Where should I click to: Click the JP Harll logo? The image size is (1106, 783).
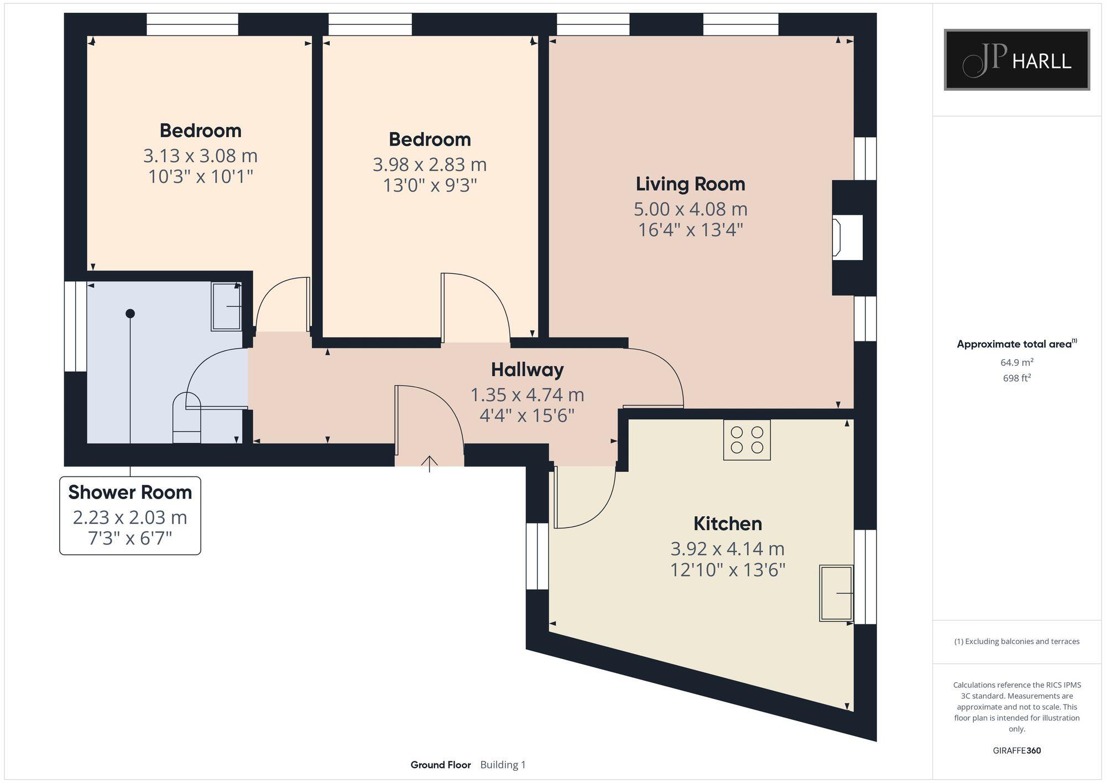click(x=1016, y=60)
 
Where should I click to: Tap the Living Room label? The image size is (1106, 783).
click(x=690, y=184)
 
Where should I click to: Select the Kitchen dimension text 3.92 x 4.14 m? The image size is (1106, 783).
click(x=727, y=549)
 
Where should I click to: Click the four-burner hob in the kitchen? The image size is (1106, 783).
click(x=747, y=440)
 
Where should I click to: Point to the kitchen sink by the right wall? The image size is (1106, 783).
click(x=836, y=593)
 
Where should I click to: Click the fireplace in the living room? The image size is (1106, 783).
click(x=847, y=237)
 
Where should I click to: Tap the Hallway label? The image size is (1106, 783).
click(x=527, y=370)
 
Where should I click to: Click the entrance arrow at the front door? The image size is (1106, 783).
click(x=430, y=463)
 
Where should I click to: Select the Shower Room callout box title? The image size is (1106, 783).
click(x=130, y=492)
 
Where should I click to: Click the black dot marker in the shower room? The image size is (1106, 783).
click(x=130, y=314)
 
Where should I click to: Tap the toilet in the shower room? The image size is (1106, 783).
click(x=186, y=419)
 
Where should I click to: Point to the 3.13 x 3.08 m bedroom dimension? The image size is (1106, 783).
click(x=200, y=156)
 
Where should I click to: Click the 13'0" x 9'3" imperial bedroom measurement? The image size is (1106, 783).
click(x=430, y=185)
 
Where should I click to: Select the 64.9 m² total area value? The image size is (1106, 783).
click(x=1016, y=363)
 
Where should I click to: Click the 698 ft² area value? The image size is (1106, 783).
click(x=1016, y=378)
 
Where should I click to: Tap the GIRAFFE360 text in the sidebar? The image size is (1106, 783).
click(x=1016, y=751)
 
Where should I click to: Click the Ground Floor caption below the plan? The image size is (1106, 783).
click(x=440, y=765)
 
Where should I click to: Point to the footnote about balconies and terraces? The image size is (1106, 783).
click(x=1016, y=642)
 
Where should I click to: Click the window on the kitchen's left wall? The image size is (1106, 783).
click(x=536, y=556)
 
